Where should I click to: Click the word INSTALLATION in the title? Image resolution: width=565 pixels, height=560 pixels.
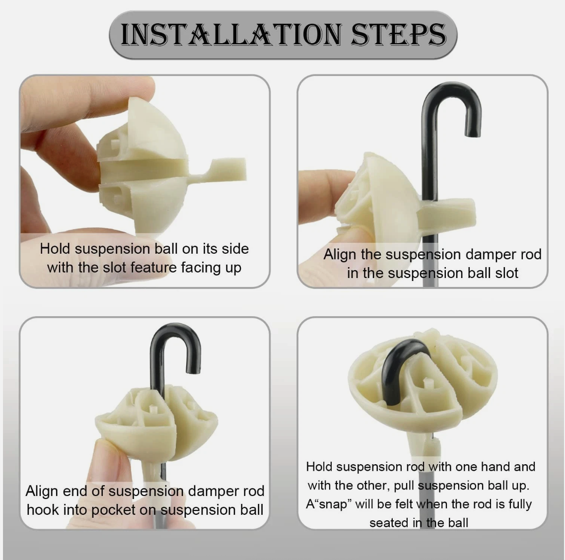(230, 35)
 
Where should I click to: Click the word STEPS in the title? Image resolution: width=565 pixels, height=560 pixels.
(399, 35)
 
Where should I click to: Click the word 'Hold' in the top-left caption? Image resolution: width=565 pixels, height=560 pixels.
(55, 249)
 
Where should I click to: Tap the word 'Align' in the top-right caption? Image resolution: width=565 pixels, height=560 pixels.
(340, 255)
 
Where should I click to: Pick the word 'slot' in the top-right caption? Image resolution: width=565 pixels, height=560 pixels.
(506, 273)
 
